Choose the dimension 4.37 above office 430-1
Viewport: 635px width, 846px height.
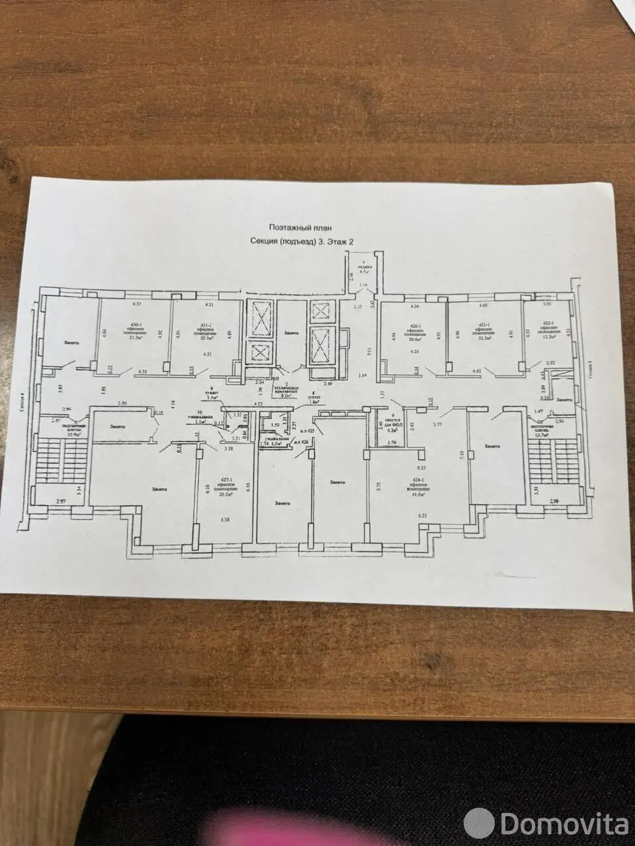[x=138, y=305]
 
